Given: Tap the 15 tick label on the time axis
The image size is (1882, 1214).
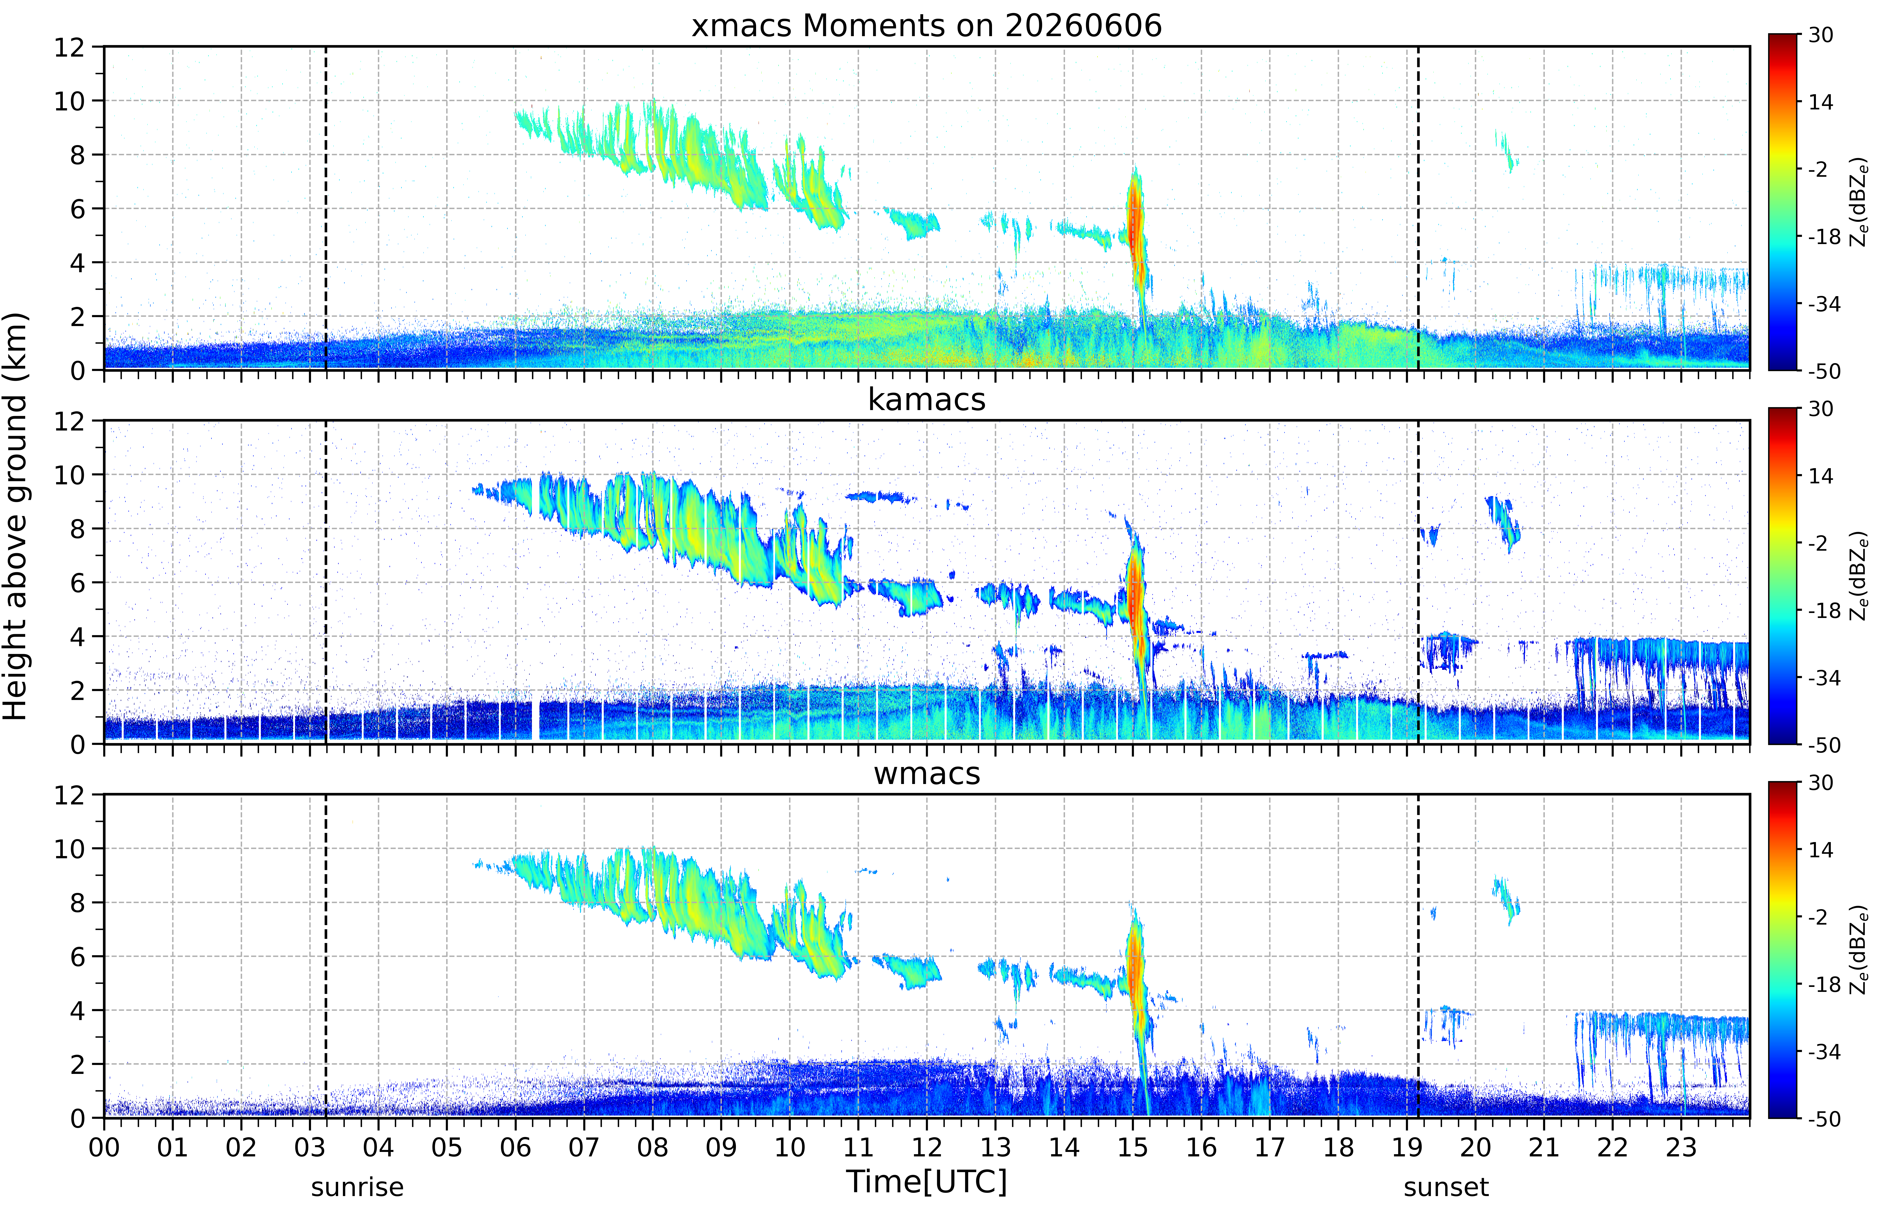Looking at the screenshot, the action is [1133, 1147].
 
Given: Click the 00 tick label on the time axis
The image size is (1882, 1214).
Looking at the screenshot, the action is [104, 1147].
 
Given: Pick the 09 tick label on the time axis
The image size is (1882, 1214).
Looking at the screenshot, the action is [721, 1147].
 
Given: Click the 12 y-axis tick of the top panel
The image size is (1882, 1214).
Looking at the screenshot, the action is [69, 47].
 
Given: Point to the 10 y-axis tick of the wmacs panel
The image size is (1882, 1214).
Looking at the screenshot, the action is [69, 849].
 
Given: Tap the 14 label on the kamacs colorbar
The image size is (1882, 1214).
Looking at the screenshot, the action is [1820, 476].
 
